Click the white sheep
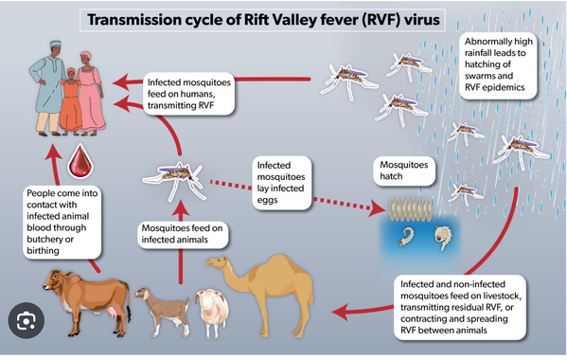[214, 308]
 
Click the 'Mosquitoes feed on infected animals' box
[182, 235]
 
